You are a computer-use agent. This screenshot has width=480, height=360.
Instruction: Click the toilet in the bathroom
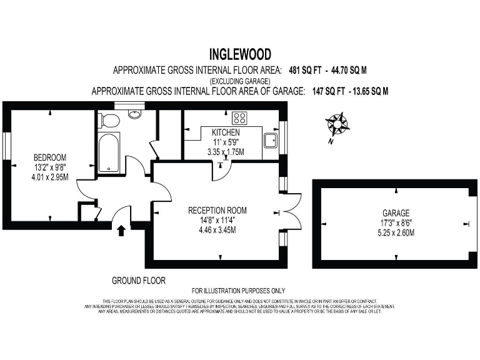coord(110,120)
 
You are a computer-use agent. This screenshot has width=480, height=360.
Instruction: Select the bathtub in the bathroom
coord(109,152)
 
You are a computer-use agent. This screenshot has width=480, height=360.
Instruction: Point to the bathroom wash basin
coord(134,114)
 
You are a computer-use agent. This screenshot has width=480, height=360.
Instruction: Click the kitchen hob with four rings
coord(239,117)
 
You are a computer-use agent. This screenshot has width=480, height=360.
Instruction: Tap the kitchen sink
coord(271,141)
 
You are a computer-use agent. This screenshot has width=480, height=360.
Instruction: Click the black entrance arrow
coord(121,230)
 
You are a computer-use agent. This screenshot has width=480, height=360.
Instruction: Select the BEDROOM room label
coord(49,157)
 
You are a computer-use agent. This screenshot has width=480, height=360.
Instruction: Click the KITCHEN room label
coord(226,133)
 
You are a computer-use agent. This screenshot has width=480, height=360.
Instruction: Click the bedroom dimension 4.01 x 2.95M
coord(49,177)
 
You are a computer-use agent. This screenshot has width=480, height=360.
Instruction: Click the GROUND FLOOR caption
coord(138,281)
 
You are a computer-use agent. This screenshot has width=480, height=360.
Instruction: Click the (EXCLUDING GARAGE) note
coord(239,81)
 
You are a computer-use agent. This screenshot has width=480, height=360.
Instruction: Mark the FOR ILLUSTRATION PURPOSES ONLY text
coord(238,291)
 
